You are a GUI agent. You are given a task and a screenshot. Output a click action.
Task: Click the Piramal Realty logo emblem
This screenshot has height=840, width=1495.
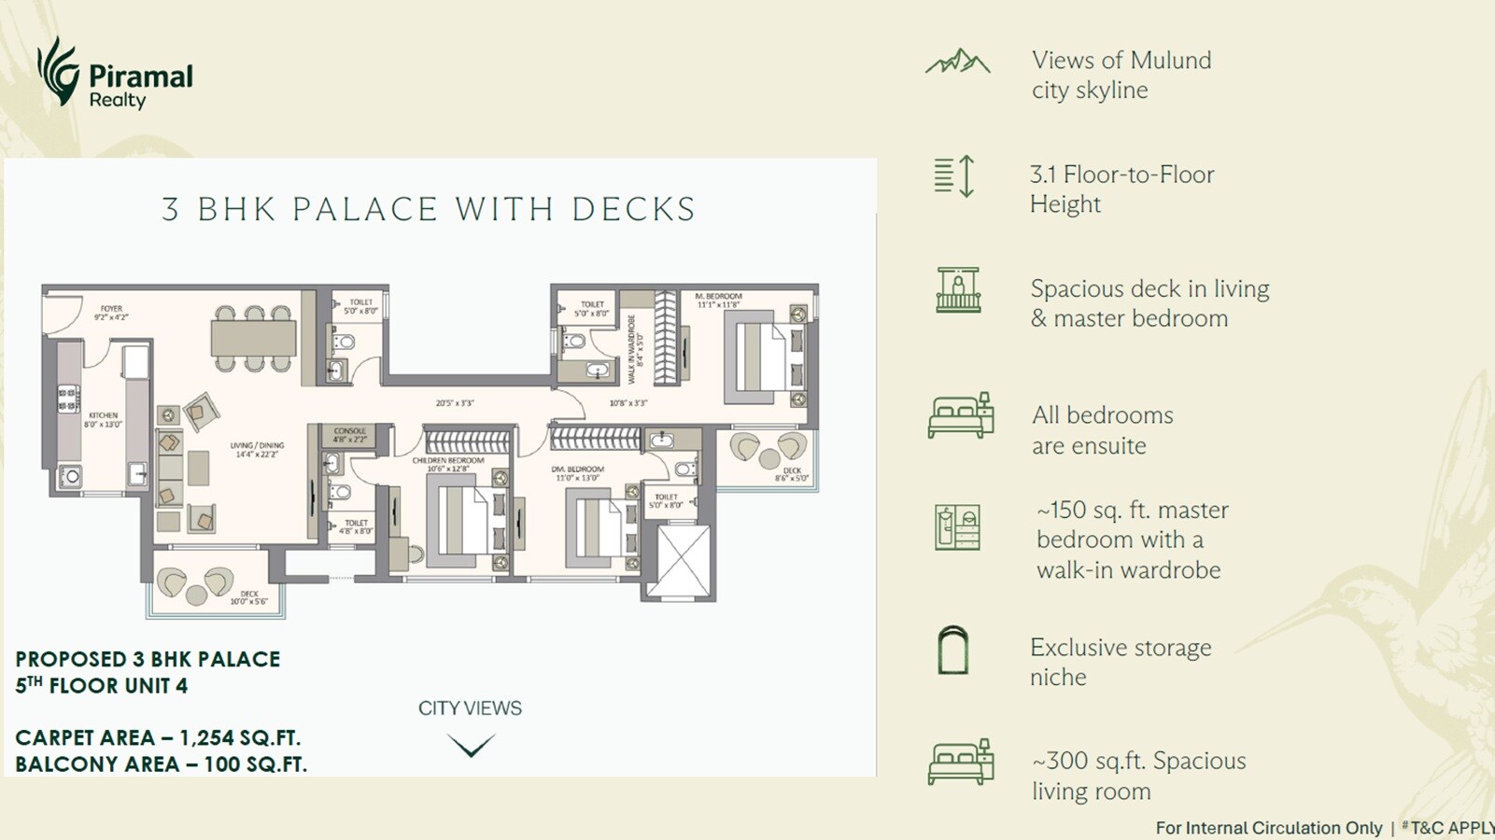pyautogui.click(x=58, y=71)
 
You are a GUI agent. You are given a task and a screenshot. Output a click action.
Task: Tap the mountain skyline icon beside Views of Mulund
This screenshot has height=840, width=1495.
pyautogui.click(x=957, y=63)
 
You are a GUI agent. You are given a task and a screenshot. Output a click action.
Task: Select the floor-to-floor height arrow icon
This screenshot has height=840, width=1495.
pyautogui.click(x=966, y=175)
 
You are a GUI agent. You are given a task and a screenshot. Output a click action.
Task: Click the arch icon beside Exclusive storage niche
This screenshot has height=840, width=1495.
pyautogui.click(x=952, y=651)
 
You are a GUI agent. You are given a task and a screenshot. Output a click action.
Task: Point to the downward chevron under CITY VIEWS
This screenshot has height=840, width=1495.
pyautogui.click(x=471, y=745)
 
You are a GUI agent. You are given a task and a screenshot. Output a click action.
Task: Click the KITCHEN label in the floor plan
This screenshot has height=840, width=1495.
pyautogui.click(x=104, y=416)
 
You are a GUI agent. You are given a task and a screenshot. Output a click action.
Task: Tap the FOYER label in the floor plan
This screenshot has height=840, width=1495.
pyautogui.click(x=111, y=309)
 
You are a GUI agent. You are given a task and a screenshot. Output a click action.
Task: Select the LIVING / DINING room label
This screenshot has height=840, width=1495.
pyautogui.click(x=257, y=446)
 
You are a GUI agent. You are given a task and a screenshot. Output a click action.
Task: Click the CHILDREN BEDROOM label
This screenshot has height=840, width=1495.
pyautogui.click(x=448, y=460)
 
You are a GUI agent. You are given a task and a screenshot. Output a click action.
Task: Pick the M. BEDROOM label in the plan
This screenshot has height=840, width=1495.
pyautogui.click(x=718, y=297)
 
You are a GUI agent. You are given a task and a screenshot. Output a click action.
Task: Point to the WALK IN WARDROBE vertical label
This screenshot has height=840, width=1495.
pyautogui.click(x=631, y=348)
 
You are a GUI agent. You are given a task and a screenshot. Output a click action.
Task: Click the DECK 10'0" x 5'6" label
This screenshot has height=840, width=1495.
pyautogui.click(x=248, y=595)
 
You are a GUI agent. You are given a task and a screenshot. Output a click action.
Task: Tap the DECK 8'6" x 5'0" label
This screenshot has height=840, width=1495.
pyautogui.click(x=793, y=471)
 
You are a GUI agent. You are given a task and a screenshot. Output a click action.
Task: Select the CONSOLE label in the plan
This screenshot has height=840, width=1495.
pyautogui.click(x=350, y=431)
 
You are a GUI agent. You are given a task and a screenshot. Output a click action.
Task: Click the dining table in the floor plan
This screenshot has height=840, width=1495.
pyautogui.click(x=253, y=338)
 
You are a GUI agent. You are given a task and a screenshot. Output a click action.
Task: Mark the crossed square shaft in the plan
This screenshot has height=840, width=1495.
pyautogui.click(x=684, y=561)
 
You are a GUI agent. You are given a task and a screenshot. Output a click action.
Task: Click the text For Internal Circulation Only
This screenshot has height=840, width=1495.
pyautogui.click(x=1268, y=828)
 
